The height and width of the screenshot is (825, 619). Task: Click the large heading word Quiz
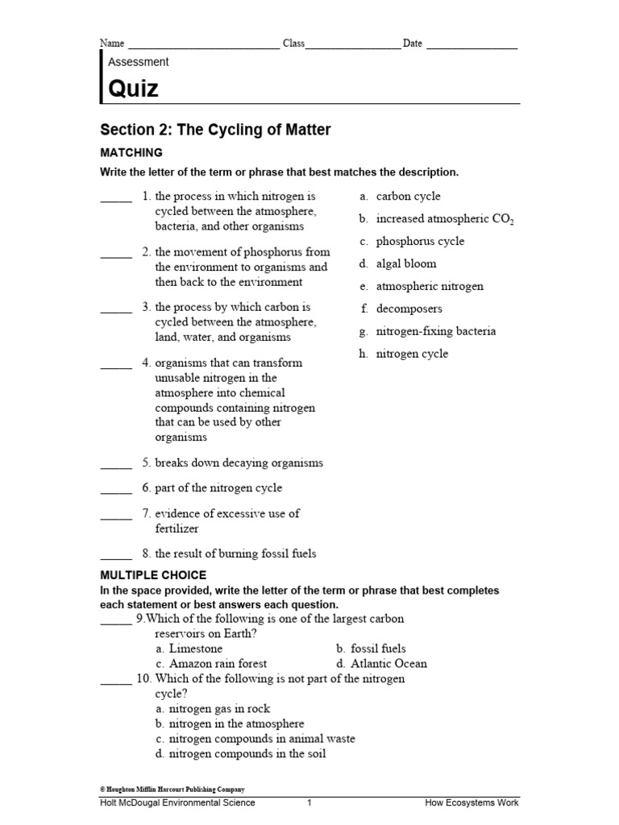coord(133,89)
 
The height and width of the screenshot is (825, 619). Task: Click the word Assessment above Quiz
coord(138,61)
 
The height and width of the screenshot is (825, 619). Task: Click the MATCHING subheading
coord(131,152)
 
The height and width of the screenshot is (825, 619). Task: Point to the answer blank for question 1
coord(116,201)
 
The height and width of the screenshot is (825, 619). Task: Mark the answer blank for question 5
coord(116,468)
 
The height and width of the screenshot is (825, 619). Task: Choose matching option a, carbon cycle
coord(408,196)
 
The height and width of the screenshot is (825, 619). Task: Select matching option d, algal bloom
coord(405,263)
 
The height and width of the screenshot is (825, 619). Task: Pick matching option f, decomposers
coord(409,309)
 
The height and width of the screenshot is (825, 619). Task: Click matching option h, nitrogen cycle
coord(411,354)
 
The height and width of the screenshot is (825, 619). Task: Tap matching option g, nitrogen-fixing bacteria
coord(435,331)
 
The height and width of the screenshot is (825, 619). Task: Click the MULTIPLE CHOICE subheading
coord(153,574)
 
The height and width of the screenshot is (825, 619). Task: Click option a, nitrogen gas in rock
coord(214,709)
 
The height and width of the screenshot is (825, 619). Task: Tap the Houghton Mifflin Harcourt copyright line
coord(172,790)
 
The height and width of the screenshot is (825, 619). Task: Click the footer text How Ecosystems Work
coord(472,803)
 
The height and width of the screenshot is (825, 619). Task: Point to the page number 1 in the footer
coord(309,803)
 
